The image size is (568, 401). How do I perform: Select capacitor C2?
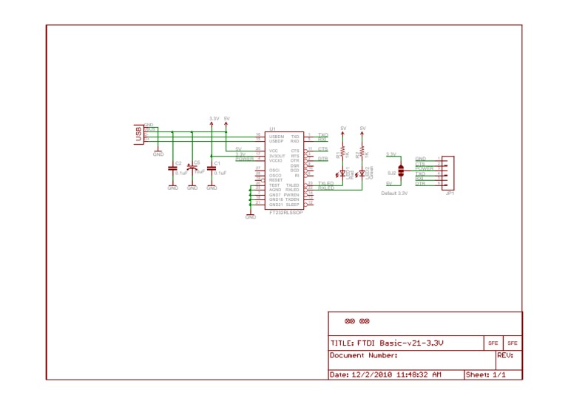coord(173,169)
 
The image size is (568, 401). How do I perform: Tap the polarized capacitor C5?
coord(192,168)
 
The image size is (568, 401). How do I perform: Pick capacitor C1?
coord(212,169)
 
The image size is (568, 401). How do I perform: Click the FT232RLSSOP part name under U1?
coord(285,211)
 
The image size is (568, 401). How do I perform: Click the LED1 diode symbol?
coord(342,174)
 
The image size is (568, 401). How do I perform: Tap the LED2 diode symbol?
coord(362,174)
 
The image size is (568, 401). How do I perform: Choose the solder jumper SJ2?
coord(400,171)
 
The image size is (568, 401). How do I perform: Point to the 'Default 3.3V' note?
coord(394,193)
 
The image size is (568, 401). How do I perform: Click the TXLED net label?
coord(325,182)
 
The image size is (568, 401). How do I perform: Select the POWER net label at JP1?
coord(425,168)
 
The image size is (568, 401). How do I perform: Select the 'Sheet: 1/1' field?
coord(486,375)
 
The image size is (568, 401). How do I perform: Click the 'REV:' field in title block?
coord(505,355)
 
